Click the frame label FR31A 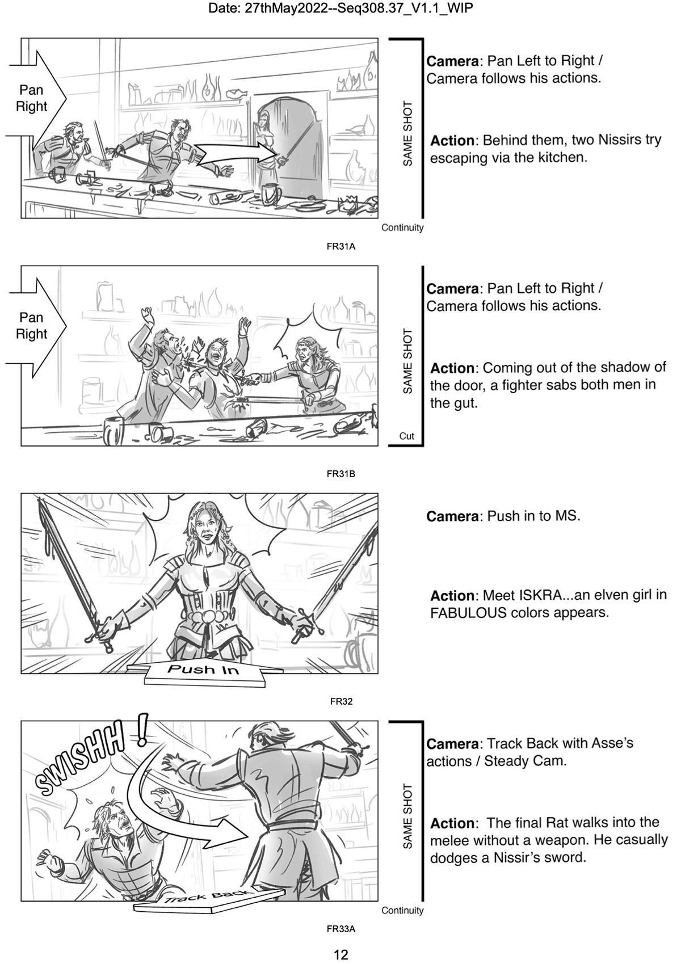pyautogui.click(x=340, y=247)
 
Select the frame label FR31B pyautogui.click(x=340, y=474)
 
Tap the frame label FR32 pyautogui.click(x=341, y=701)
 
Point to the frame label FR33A pyautogui.click(x=340, y=929)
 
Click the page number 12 pyautogui.click(x=340, y=954)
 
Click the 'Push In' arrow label pyautogui.click(x=203, y=670)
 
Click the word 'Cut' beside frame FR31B pyautogui.click(x=406, y=436)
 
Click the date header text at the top pyautogui.click(x=340, y=8)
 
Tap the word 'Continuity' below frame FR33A pyautogui.click(x=402, y=910)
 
